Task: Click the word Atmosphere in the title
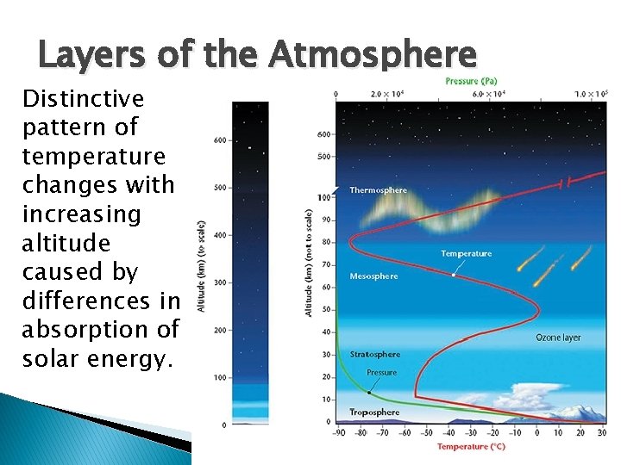pos(372,56)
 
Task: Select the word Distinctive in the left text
pos(83,98)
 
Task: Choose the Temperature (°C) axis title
pos(470,446)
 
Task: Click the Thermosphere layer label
pos(378,190)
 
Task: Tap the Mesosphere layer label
pos(373,276)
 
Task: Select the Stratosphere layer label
pos(375,354)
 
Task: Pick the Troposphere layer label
pos(374,412)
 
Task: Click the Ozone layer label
pos(558,338)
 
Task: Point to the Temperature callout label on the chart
pos(466,253)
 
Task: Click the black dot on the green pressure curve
pos(369,392)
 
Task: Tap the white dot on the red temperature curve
pos(455,275)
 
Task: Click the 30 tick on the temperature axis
pos(601,434)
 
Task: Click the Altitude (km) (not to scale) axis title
pos(309,263)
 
